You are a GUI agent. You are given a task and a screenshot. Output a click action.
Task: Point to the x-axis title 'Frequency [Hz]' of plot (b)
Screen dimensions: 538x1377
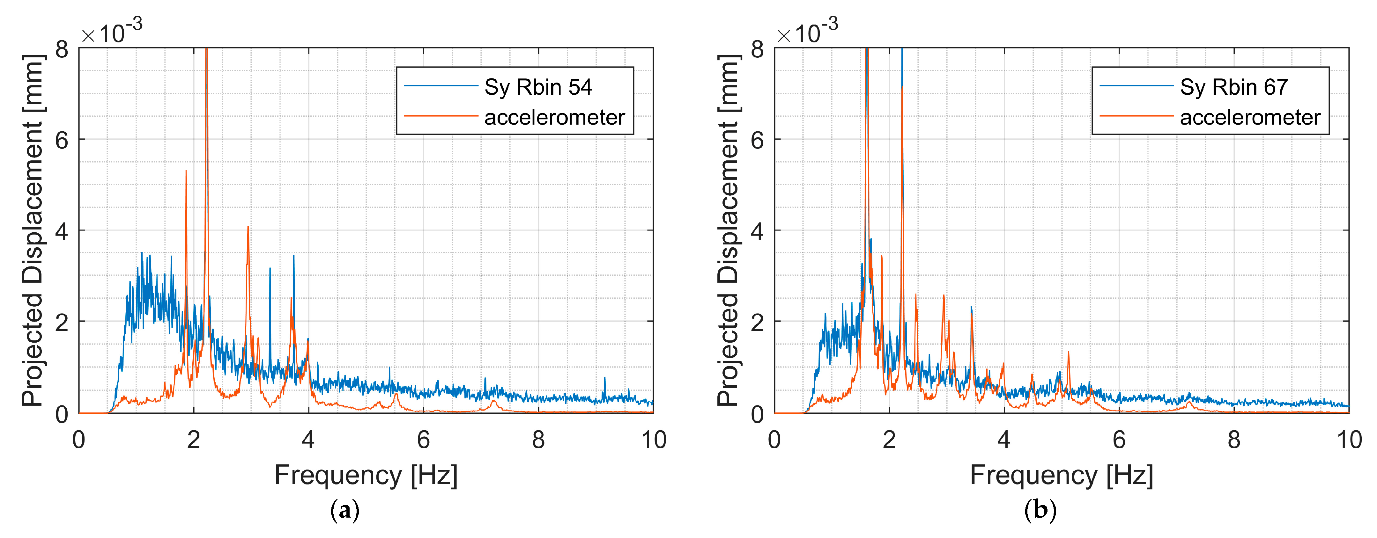[1061, 475]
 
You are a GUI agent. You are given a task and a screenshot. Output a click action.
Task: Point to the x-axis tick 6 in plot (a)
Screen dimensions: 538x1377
[423, 440]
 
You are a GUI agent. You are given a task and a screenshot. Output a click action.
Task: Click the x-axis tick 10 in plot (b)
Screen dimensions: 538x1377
[1349, 440]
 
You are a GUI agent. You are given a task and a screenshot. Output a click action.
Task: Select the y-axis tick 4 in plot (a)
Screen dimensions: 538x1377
[62, 231]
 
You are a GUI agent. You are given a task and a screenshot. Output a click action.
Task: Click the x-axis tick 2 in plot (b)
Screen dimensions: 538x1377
[889, 440]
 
